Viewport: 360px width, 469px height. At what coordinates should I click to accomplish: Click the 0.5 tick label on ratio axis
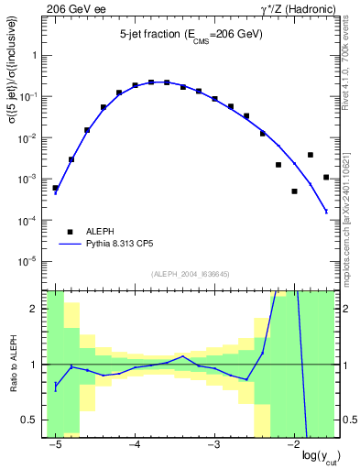(33, 420)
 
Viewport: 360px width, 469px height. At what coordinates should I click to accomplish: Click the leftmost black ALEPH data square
(55, 188)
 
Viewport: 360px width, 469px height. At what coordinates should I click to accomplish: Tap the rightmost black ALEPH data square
(326, 177)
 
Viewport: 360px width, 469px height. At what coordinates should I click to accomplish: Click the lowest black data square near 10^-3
(294, 191)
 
